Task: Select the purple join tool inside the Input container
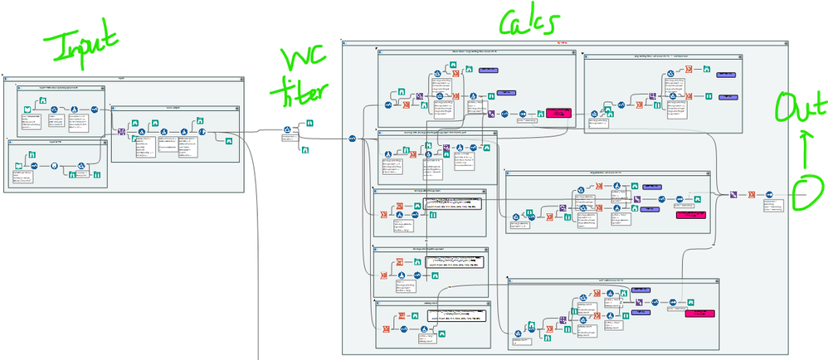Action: click(x=121, y=132)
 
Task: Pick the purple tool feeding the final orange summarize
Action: click(x=733, y=194)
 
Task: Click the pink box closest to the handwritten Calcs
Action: click(x=558, y=114)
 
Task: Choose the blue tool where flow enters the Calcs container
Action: click(x=352, y=139)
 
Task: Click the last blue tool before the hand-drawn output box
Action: click(x=769, y=194)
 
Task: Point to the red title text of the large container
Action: click(x=562, y=42)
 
